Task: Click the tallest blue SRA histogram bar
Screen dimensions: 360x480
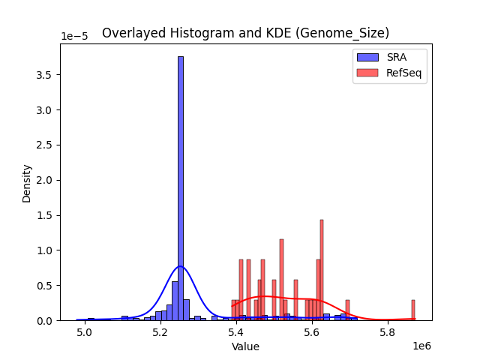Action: coord(180,187)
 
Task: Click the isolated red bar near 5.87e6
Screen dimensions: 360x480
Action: coord(413,310)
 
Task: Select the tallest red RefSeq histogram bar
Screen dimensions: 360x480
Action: coord(322,270)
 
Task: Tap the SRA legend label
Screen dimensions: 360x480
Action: coord(396,57)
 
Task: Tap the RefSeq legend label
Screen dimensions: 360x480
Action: coord(403,72)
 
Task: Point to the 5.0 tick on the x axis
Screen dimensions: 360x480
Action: coord(85,331)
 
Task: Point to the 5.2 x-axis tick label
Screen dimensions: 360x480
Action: coord(160,331)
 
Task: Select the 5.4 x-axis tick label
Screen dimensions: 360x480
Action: coord(236,331)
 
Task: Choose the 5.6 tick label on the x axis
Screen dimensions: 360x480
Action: coord(312,331)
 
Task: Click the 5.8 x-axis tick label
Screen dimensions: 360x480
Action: coord(388,331)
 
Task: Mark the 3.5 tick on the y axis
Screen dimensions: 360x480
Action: coord(45,75)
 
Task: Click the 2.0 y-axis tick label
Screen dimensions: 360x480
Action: coord(45,180)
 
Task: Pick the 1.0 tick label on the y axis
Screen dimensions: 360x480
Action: coord(45,250)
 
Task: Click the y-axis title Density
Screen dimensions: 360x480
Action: coord(27,183)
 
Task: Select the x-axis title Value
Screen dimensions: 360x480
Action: coord(245,346)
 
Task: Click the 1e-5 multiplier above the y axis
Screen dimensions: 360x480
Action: coord(73,37)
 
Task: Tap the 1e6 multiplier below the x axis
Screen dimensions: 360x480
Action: coord(421,346)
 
